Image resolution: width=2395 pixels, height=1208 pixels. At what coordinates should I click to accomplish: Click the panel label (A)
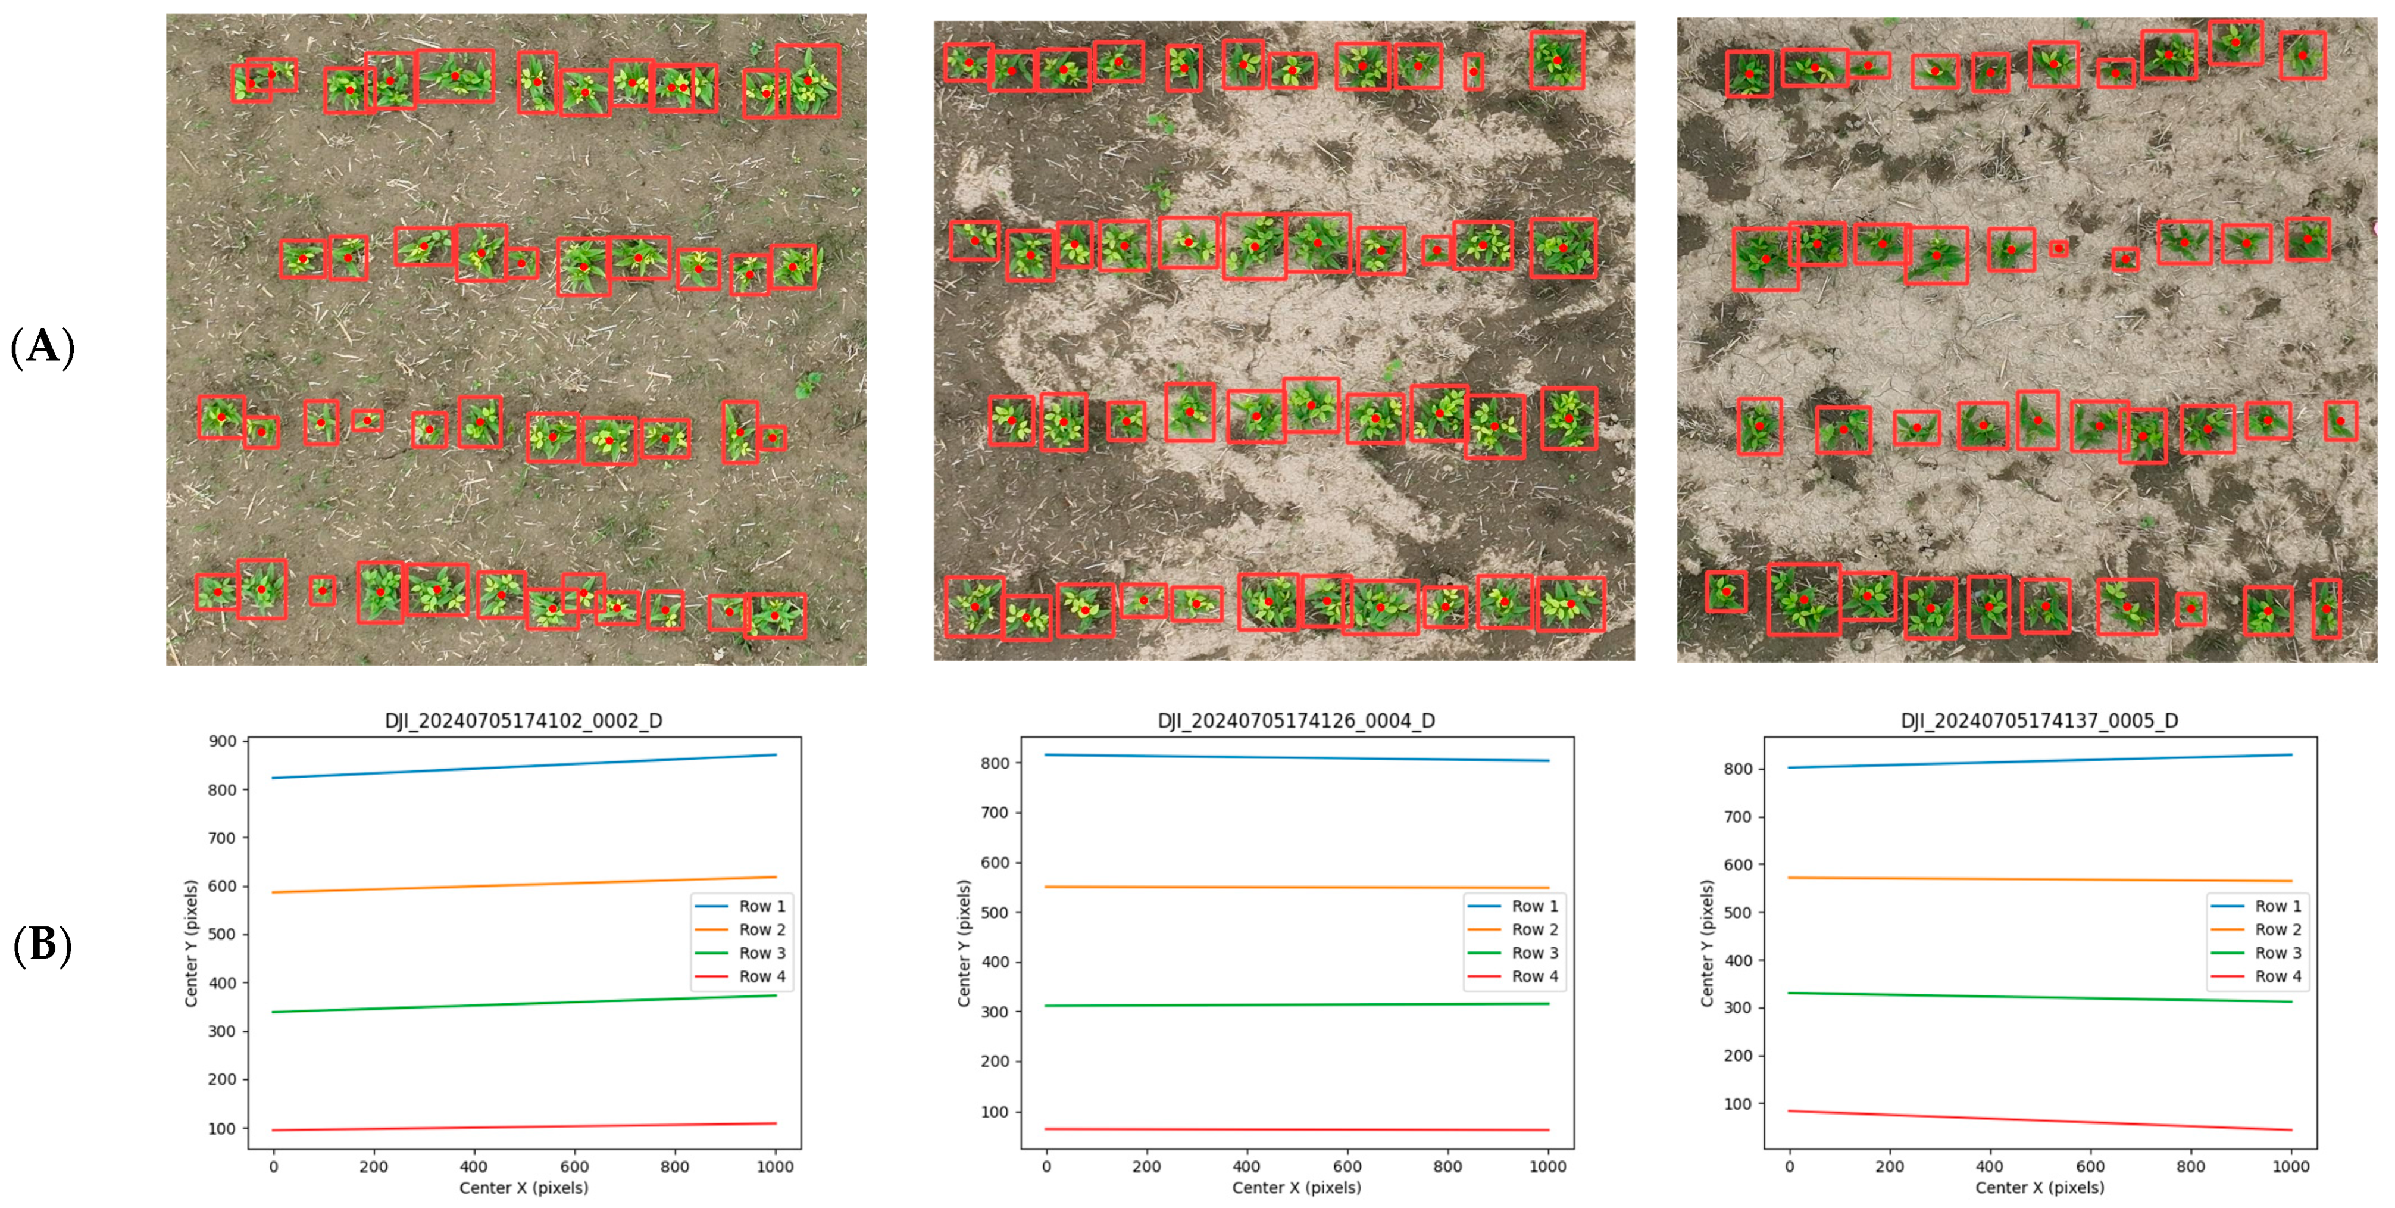[42, 347]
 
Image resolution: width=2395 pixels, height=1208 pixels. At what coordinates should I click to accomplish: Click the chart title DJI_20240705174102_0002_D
[523, 721]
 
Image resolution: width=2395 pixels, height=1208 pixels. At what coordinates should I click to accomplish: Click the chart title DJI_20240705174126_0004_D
[1296, 721]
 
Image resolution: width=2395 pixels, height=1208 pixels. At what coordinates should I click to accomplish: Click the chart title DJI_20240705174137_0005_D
[2039, 721]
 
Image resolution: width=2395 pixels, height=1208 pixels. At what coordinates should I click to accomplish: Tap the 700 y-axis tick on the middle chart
[995, 813]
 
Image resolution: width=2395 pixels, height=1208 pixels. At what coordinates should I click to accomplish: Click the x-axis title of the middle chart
[1296, 1188]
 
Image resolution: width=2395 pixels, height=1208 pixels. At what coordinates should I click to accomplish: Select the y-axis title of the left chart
[192, 943]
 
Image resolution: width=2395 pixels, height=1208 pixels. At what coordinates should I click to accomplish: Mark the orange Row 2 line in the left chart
[523, 884]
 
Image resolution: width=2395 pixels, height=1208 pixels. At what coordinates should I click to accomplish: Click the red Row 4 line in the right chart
[2039, 1120]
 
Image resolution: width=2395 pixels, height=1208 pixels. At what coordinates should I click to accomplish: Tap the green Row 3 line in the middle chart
[1296, 1004]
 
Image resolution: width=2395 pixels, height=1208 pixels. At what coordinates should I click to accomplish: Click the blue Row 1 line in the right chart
[2039, 761]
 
